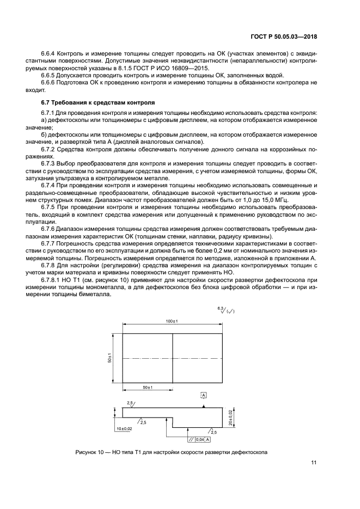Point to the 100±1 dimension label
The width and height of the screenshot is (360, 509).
click(x=172, y=322)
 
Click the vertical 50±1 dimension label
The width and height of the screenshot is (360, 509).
click(x=110, y=358)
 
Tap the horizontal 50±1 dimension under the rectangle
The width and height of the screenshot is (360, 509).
click(x=148, y=387)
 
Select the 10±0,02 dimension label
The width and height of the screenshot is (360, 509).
click(x=125, y=429)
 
